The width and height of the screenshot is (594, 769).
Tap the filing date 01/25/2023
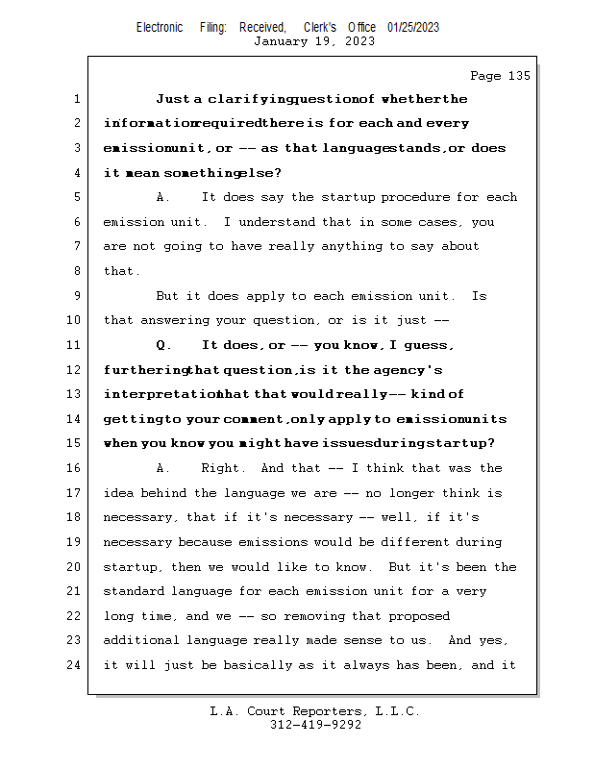[413, 27]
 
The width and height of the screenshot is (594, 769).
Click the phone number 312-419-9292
[315, 725]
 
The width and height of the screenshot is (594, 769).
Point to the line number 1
[77, 99]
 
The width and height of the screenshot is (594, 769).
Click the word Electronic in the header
[160, 27]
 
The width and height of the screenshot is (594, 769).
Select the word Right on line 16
[224, 468]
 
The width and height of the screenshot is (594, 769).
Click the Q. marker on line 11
[162, 345]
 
